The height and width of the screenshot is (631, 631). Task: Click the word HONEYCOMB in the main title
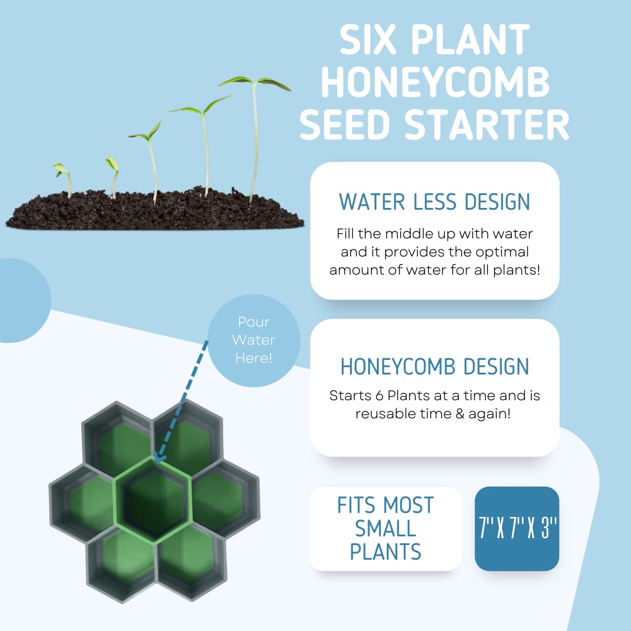coord(435,82)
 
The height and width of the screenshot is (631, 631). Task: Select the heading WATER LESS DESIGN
coord(435,202)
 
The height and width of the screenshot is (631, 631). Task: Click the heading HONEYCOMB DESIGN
coord(435,366)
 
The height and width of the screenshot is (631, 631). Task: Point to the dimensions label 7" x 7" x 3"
coord(517,528)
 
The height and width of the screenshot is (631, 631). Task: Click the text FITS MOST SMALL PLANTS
coord(386,528)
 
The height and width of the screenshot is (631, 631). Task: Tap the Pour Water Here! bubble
coord(254,341)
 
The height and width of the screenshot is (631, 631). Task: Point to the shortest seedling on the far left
coord(64,179)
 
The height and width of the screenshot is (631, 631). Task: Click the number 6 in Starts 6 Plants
coord(379,396)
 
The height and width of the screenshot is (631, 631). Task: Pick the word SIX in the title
coord(368,39)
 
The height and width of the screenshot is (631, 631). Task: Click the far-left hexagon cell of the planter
coord(81,503)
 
